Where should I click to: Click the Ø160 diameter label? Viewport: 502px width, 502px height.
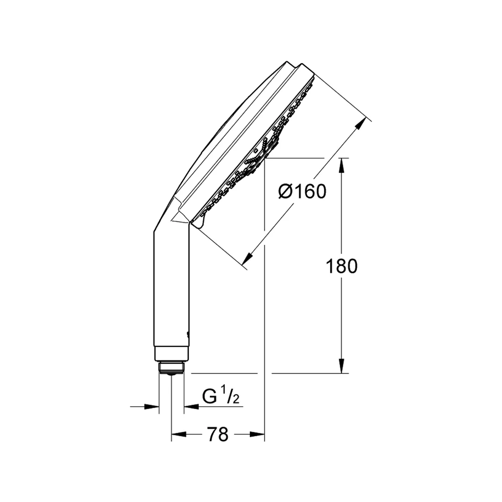[302, 191]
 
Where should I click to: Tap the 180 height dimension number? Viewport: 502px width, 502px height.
[341, 267]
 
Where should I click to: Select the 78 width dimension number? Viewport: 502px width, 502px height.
[218, 434]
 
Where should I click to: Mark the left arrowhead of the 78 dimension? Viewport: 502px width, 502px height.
[179, 434]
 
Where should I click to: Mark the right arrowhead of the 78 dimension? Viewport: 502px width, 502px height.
[257, 434]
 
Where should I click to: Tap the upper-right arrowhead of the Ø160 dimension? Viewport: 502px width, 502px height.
[361, 123]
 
